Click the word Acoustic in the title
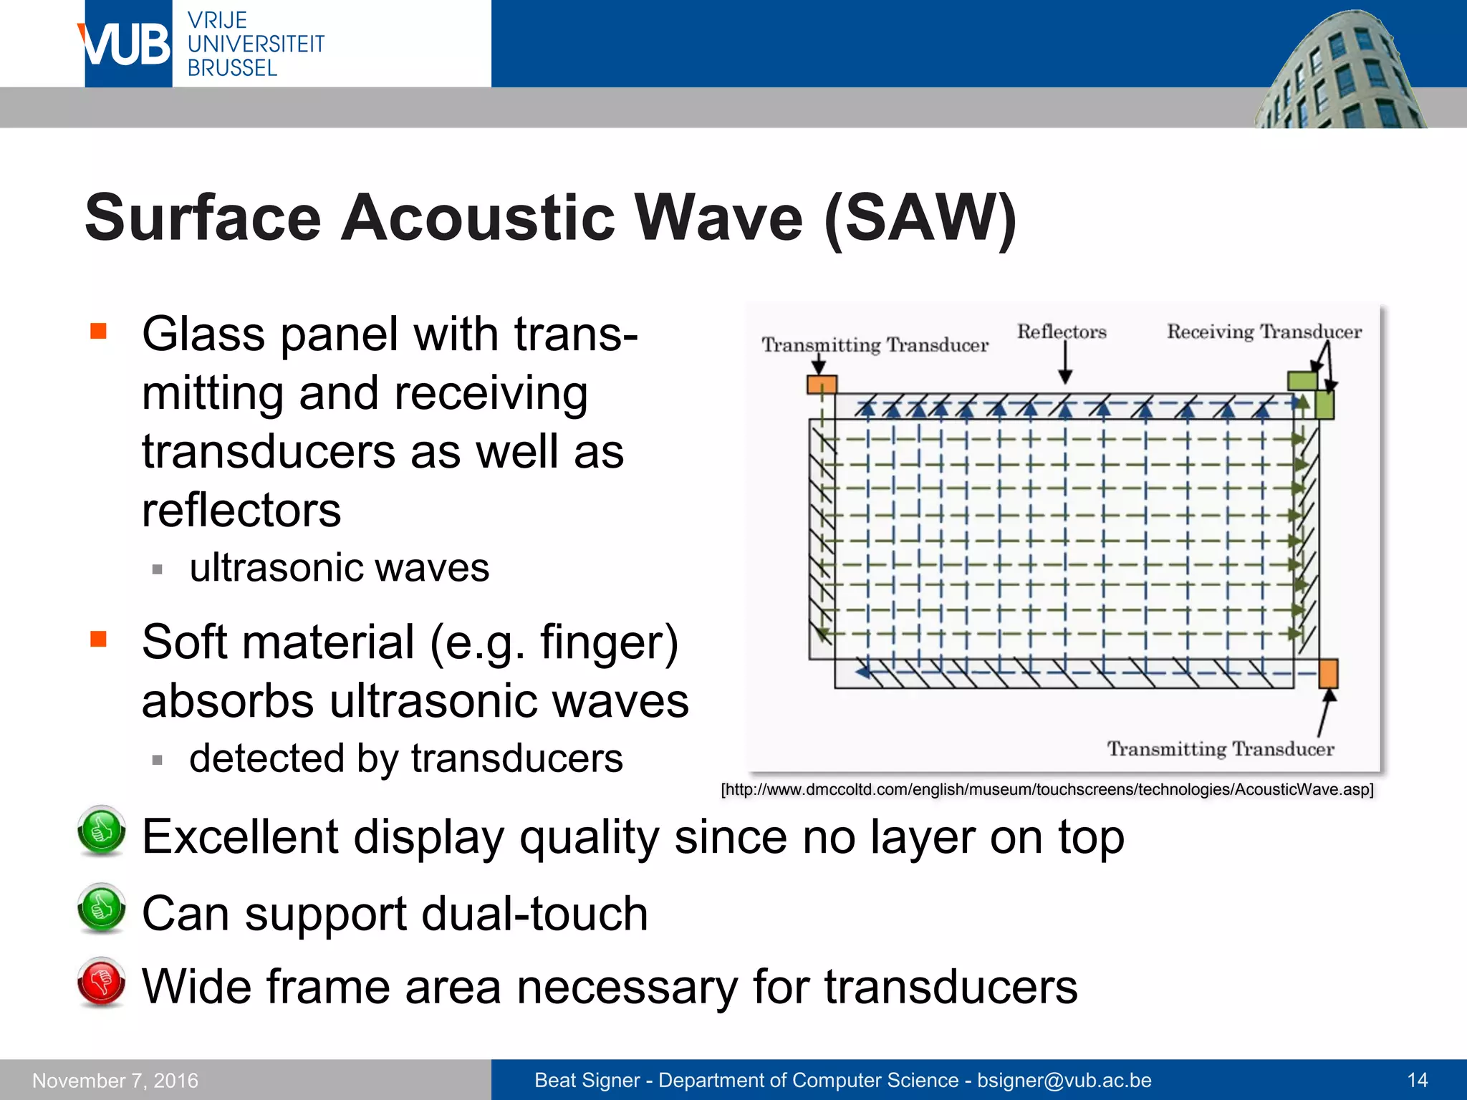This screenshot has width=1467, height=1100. pyautogui.click(x=478, y=218)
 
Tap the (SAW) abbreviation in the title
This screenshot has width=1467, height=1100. pyautogui.click(x=920, y=218)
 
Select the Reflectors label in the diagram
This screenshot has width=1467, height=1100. pyautogui.click(x=1062, y=332)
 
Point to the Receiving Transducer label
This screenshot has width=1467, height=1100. pyautogui.click(x=1264, y=332)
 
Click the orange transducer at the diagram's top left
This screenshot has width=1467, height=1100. pyautogui.click(x=822, y=385)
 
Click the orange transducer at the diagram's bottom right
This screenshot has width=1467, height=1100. pyautogui.click(x=1328, y=674)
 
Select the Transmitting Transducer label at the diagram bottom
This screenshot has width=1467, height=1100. pyautogui.click(x=1221, y=749)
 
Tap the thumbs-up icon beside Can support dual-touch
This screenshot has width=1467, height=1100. pyautogui.click(x=101, y=908)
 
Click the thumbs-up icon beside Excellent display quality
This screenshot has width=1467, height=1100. pyautogui.click(x=101, y=831)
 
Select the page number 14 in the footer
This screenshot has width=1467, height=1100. pyautogui.click(x=1417, y=1080)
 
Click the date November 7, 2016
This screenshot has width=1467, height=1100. pyautogui.click(x=115, y=1080)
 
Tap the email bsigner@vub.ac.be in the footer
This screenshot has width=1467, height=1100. pyautogui.click(x=1064, y=1080)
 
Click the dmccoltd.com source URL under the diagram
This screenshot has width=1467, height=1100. pyautogui.click(x=1047, y=789)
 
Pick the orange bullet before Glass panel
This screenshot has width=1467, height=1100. pyautogui.click(x=98, y=331)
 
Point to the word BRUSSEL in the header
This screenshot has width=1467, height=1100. pyautogui.click(x=232, y=68)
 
